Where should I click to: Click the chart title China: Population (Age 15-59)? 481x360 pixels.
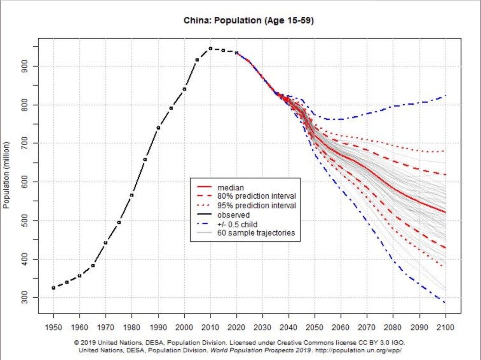pos(249,21)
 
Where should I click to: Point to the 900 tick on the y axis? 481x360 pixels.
pos(29,66)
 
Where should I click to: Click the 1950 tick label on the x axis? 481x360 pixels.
pos(53,327)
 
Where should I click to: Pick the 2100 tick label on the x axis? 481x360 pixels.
pos(445,327)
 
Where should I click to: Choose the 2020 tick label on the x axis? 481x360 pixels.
pos(236,327)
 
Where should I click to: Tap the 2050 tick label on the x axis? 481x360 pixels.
pos(315,327)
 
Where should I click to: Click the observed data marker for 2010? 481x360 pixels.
pos(210,48)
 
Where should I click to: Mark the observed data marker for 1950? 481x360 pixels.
pos(53,288)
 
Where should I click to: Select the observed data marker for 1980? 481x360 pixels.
pos(131,195)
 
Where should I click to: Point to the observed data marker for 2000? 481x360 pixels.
pos(184,89)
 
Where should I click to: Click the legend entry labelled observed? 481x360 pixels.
pos(233,215)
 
